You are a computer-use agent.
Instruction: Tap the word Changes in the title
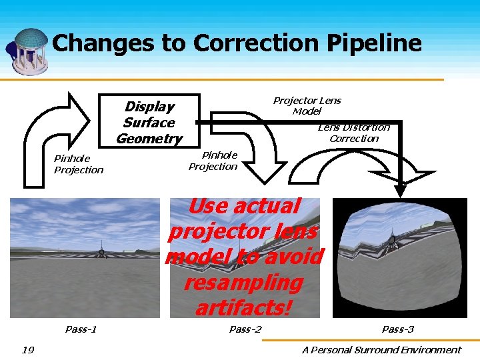[104, 43]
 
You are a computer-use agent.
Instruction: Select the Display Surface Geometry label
[149, 123]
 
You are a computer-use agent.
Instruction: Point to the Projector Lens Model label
[307, 105]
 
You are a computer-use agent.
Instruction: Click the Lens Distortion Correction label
[354, 133]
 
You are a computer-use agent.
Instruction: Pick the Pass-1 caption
[81, 329]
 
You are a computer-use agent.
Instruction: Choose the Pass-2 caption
[245, 329]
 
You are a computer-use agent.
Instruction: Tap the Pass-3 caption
[397, 329]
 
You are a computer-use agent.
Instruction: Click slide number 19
[27, 349]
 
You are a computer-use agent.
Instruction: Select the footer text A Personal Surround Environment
[381, 349]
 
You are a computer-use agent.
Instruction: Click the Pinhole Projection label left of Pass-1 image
[79, 164]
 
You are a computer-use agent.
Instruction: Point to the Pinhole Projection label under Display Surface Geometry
[213, 161]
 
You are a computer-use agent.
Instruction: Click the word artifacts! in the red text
[243, 308]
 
